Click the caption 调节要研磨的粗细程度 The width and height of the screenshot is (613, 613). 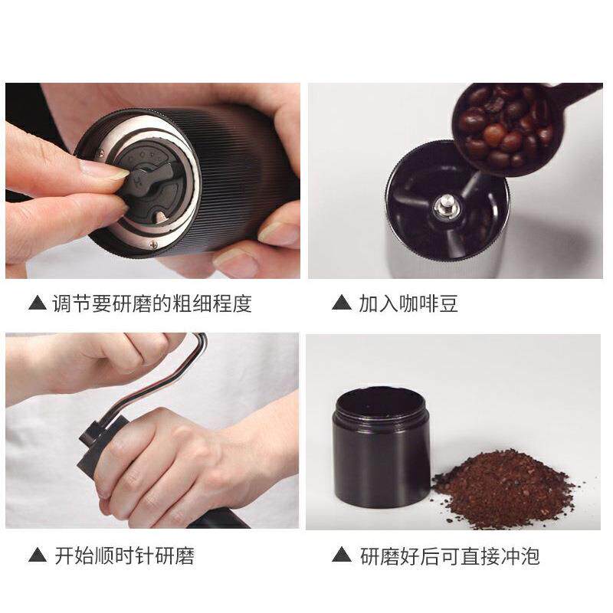pyautogui.click(x=152, y=303)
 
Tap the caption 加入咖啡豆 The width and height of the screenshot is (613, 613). pyautogui.click(x=408, y=303)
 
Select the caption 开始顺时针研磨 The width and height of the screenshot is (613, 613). pyautogui.click(x=124, y=556)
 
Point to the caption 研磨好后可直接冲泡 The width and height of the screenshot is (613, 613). pyautogui.click(x=450, y=556)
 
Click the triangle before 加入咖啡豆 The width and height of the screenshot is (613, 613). pyautogui.click(x=342, y=303)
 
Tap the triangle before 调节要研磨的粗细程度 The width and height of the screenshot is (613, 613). pyautogui.click(x=37, y=303)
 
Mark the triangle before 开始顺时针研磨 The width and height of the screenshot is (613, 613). pyautogui.click(x=37, y=556)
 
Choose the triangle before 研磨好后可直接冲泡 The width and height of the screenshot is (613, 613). pyautogui.click(x=342, y=556)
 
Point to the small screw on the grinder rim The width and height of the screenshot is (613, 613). pyautogui.click(x=153, y=244)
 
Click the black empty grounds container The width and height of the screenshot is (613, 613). pyautogui.click(x=380, y=460)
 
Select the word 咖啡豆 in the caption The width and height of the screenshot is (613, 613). pyautogui.click(x=433, y=303)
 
